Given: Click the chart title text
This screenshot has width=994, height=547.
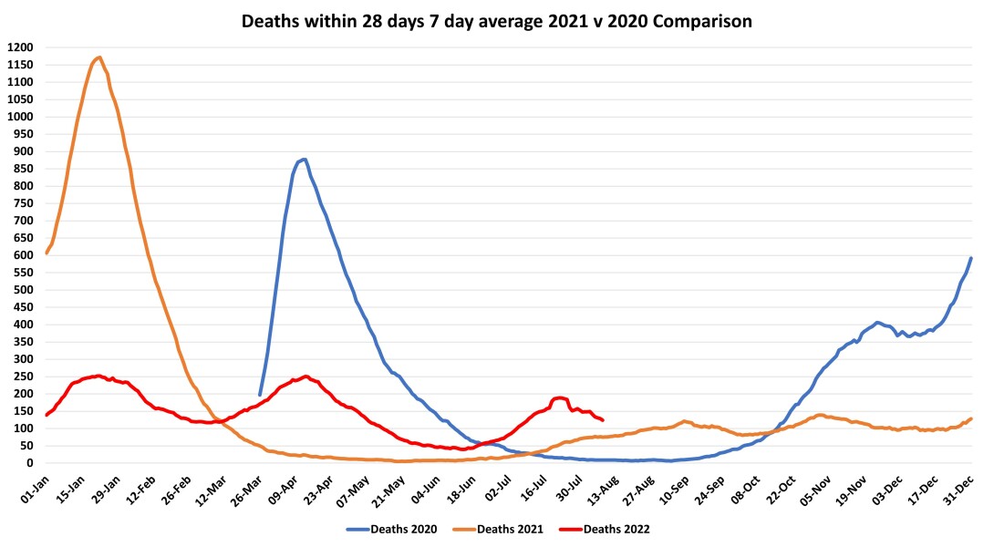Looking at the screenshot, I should (497, 21).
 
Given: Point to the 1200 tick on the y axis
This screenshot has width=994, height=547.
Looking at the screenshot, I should (20, 47).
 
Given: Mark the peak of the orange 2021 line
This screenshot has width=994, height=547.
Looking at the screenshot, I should (98, 57).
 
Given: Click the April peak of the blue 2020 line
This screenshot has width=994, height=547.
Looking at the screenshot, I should (304, 160).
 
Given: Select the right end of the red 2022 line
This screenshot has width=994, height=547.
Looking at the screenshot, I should (603, 420).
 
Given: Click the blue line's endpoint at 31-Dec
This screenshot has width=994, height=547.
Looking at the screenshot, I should (971, 258).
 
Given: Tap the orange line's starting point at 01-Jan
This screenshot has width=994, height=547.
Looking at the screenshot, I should (46, 253).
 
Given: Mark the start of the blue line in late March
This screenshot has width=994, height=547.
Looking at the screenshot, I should (260, 395).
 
